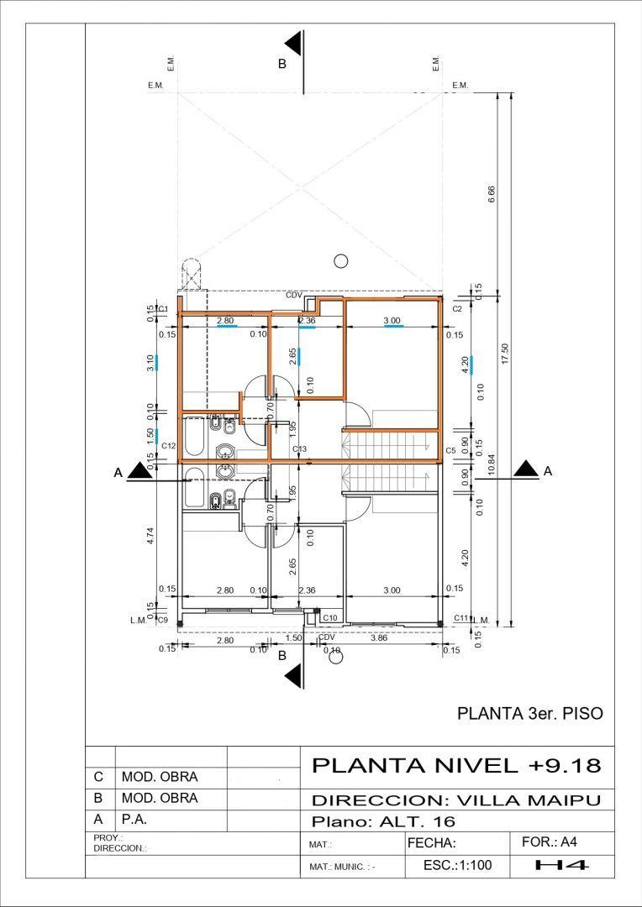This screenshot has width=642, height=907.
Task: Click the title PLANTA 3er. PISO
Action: click(x=529, y=714)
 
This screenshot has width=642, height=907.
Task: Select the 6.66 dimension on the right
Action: click(x=492, y=194)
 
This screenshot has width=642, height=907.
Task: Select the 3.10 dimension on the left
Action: click(x=150, y=363)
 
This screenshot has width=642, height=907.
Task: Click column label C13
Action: click(x=300, y=449)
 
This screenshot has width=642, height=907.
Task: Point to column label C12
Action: click(x=168, y=445)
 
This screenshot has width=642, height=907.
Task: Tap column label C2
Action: click(x=457, y=309)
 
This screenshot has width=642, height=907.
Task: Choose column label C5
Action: click(x=450, y=451)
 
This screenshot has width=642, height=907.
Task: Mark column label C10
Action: click(x=330, y=618)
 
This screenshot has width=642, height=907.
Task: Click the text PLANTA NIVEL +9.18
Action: click(x=456, y=766)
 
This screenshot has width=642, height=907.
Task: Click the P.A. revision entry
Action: click(x=135, y=819)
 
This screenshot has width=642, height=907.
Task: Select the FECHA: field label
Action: click(x=431, y=842)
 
